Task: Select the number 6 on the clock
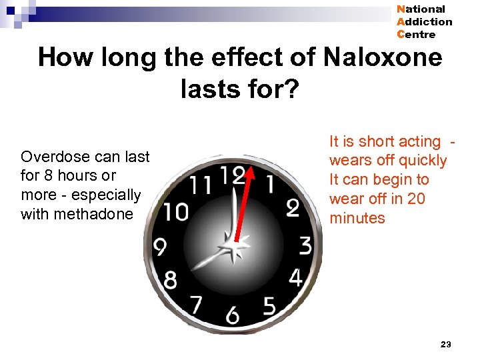(x=232, y=314)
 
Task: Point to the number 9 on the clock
(x=160, y=248)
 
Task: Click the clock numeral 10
(x=176, y=212)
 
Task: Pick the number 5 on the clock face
(x=269, y=306)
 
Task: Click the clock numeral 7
(x=195, y=305)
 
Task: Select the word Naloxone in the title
(x=383, y=57)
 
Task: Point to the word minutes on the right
(x=357, y=218)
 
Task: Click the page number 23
(x=446, y=344)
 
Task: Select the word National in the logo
(x=421, y=9)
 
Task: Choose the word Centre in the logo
(x=416, y=34)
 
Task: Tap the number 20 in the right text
(x=415, y=199)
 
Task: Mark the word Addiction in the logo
(x=424, y=21)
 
